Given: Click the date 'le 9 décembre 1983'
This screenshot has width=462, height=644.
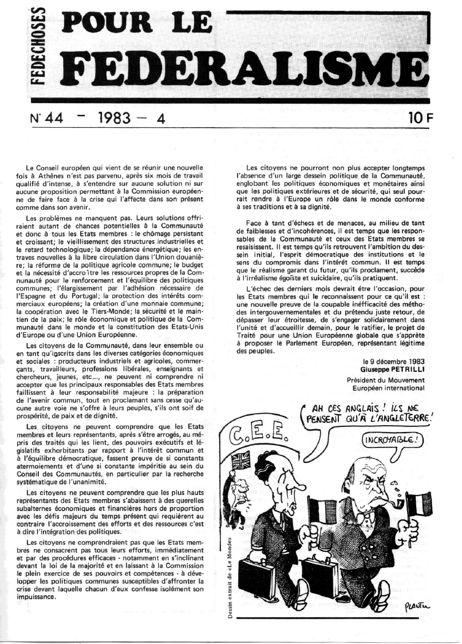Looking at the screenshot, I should pyautogui.click(x=393, y=362).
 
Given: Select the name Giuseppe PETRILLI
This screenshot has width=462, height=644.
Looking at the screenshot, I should pyautogui.click(x=393, y=370).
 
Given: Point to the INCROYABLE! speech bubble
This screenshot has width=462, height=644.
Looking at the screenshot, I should pyautogui.click(x=387, y=441).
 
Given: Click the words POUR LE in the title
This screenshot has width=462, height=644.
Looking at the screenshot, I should pyautogui.click(x=143, y=21).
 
